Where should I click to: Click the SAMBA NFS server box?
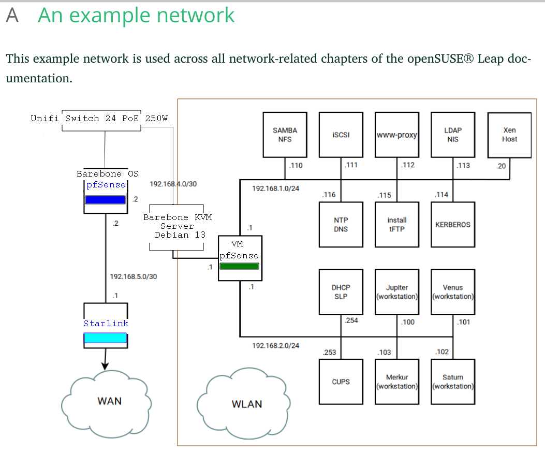[x=285, y=135]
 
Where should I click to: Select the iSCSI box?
[x=341, y=135]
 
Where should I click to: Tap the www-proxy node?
[x=397, y=135]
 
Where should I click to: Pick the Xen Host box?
[x=509, y=135]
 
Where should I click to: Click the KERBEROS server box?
[x=453, y=225]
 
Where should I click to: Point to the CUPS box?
[x=341, y=382]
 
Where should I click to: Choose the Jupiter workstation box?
[x=397, y=291]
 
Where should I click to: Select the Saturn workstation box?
[x=453, y=382]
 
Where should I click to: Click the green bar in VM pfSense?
[x=239, y=266]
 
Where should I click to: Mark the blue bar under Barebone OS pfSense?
[x=105, y=200]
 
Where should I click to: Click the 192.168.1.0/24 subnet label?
[x=275, y=188]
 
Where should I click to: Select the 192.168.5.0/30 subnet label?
[x=133, y=276]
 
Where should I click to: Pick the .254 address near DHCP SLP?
[x=351, y=320]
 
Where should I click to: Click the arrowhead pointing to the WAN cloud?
[x=105, y=366]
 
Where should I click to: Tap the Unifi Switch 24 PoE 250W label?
[x=99, y=118]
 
